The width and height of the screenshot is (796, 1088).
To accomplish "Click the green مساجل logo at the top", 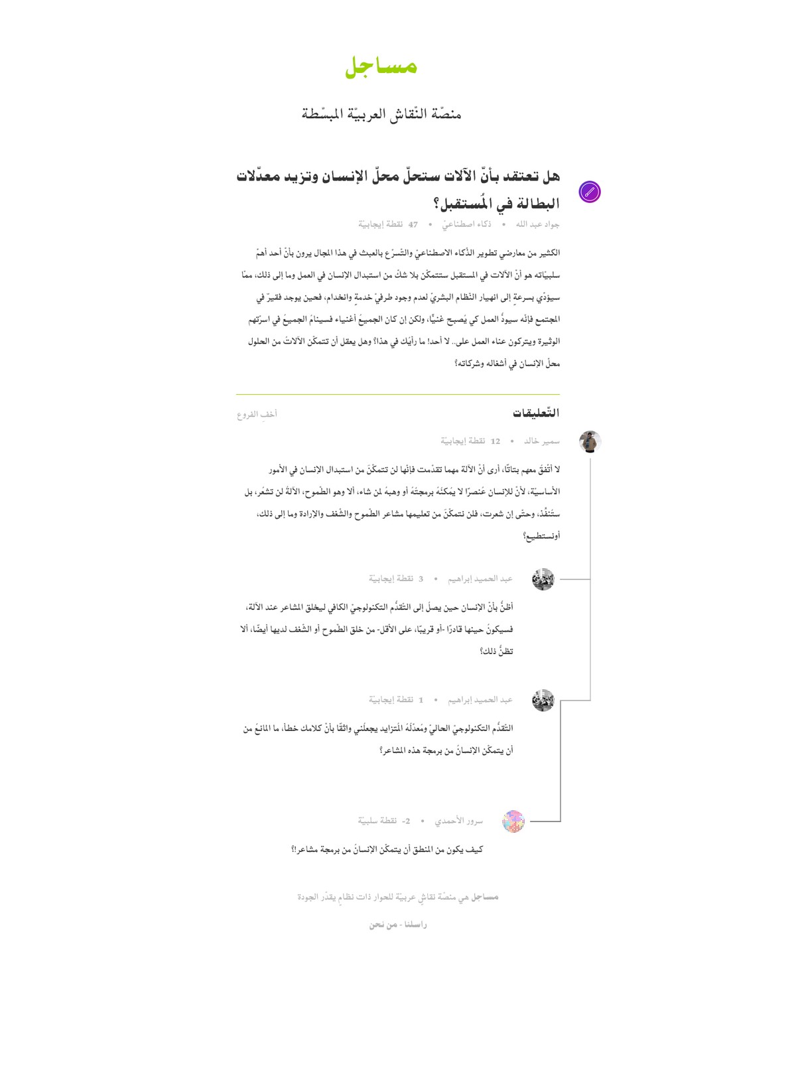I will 381,66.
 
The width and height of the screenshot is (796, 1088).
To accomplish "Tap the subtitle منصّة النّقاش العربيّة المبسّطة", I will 381,114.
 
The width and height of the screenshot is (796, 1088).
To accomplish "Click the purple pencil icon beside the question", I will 589,192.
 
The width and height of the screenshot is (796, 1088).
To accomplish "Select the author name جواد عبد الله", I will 537,224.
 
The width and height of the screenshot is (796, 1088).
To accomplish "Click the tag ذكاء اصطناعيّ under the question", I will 467,224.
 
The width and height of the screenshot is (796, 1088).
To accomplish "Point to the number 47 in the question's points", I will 413,225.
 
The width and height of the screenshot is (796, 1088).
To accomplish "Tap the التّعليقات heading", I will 536,413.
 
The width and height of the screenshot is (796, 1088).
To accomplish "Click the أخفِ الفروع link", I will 257,415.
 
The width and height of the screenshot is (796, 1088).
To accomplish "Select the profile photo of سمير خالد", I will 590,441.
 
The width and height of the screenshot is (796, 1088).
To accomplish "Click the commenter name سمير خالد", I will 542,441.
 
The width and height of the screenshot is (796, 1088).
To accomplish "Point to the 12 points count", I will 495,441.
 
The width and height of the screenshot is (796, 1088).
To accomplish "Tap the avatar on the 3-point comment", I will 543,579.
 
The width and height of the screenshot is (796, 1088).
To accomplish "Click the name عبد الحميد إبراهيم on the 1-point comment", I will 480,700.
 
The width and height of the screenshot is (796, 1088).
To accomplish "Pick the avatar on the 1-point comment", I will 543,700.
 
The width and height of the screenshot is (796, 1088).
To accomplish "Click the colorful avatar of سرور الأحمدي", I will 513,821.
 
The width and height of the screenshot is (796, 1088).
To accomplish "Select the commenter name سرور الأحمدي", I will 459,821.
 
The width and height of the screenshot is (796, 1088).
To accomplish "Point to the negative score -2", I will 406,821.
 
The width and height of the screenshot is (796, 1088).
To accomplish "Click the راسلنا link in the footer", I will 415,925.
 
